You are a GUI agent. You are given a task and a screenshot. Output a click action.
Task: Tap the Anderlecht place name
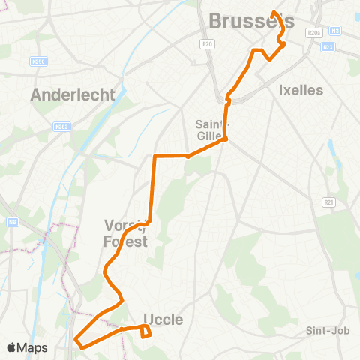coord(73,95)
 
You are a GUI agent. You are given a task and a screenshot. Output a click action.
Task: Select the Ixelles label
coord(300,90)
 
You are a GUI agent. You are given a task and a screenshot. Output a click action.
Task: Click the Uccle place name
coord(162,319)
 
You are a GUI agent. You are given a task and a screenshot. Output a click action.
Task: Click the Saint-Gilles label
coord(212,130)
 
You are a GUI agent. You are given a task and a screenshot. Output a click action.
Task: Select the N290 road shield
coord(39,61)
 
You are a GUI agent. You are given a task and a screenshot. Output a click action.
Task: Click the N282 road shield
coord(61,127)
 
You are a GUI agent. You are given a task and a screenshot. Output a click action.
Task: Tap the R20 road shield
coord(208,45)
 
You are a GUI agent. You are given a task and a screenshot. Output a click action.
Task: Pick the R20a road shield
coord(313,32)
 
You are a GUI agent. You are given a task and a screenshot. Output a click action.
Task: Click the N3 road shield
coord(335,30)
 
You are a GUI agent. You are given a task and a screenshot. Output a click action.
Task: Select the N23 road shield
coord(327,47)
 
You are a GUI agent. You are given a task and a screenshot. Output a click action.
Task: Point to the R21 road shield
coord(328,202)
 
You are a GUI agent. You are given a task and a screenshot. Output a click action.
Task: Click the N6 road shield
coord(13,222)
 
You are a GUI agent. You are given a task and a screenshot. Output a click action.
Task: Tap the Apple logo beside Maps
coord(11,347)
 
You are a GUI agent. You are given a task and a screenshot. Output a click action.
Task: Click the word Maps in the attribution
coord(32,347)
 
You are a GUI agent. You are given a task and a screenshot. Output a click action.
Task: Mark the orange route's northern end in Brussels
coord(274,13)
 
